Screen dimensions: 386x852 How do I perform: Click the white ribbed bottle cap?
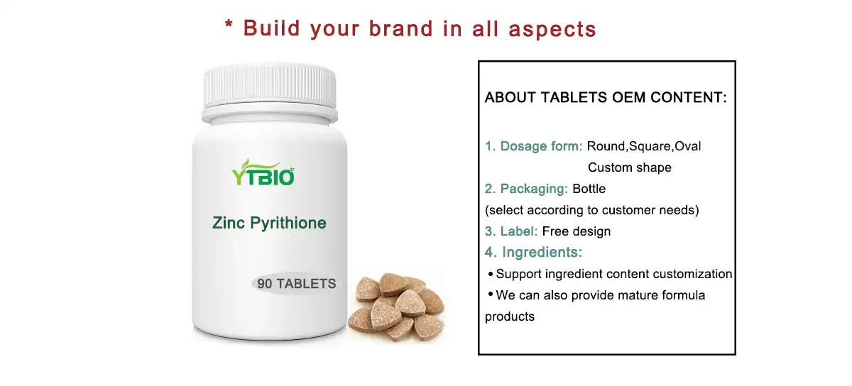269,89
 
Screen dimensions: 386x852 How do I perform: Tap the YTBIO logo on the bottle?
263,172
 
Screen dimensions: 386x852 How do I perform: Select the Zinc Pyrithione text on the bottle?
269,223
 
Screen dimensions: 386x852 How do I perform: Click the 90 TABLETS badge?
296,284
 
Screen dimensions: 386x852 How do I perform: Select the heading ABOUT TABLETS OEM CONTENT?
606,98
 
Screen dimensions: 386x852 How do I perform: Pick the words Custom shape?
629,167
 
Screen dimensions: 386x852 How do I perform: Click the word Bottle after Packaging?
589,189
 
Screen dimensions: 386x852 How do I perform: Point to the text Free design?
576,231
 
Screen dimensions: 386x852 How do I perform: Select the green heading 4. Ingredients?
533,252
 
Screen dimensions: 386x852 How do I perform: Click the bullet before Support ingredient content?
490,275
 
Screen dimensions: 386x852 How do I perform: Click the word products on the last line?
509,316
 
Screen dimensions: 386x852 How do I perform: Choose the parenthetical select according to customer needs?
591,210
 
